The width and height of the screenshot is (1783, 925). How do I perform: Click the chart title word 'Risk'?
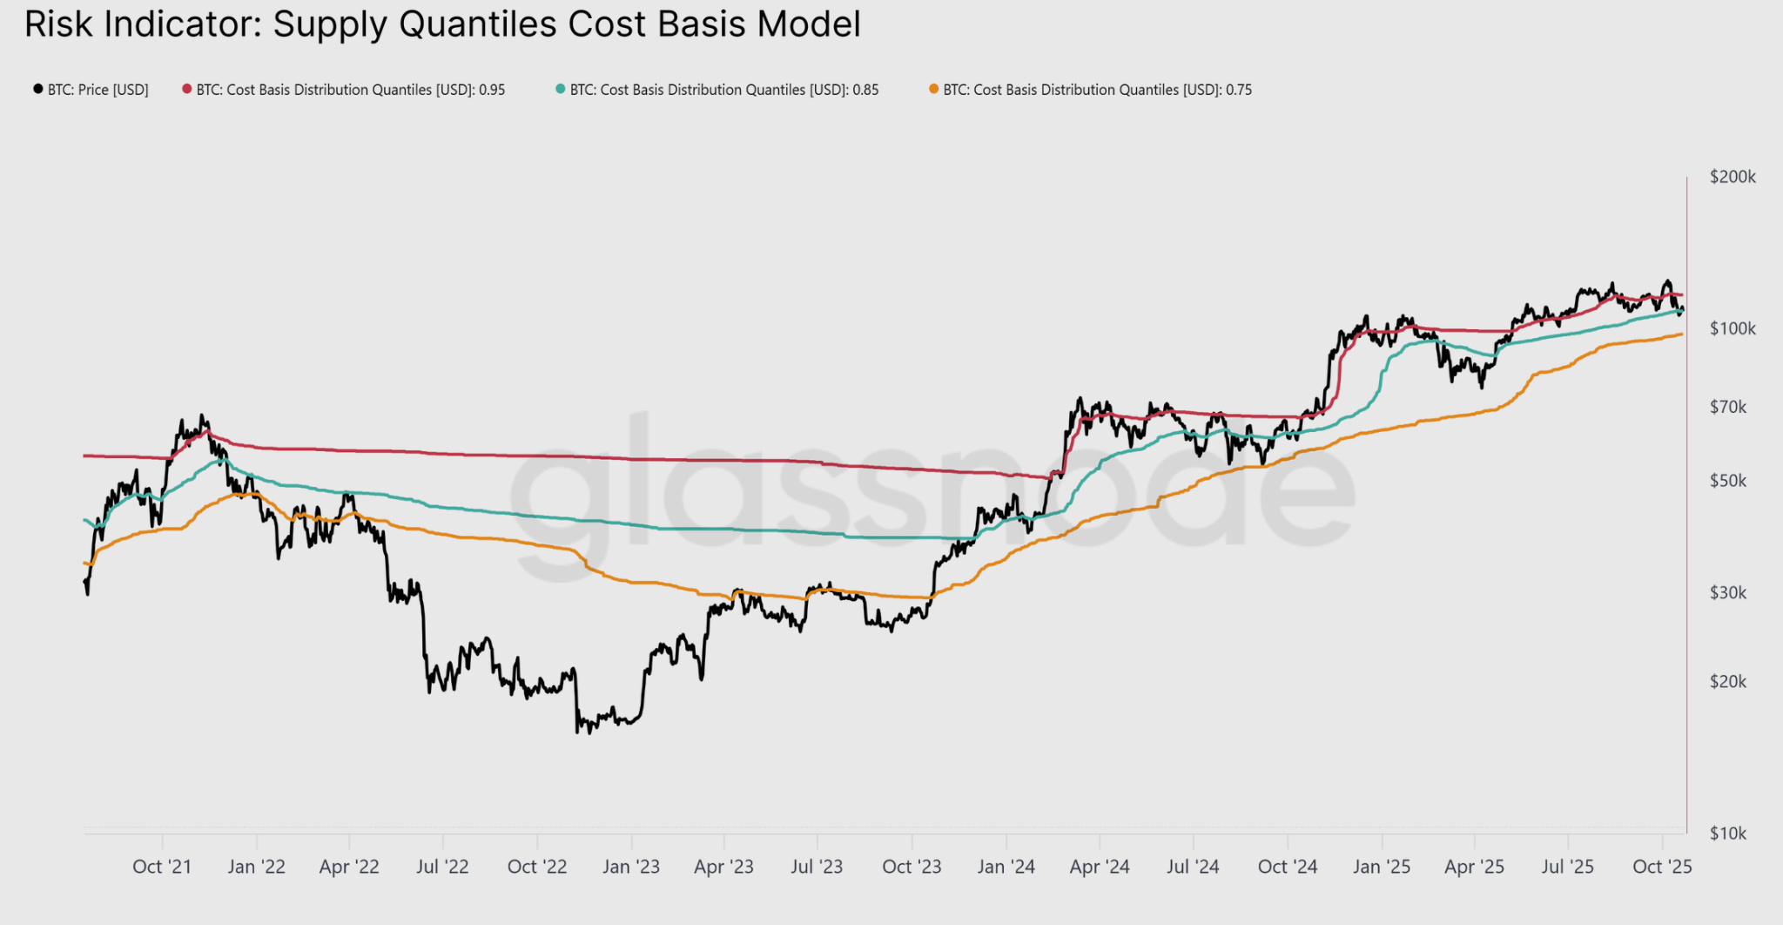59,24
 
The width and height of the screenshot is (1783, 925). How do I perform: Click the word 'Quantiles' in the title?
477,24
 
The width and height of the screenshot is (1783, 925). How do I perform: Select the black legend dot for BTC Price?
38,89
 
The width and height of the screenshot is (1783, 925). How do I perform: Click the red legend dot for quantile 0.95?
186,89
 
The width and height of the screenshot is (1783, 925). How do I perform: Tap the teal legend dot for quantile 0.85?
561,89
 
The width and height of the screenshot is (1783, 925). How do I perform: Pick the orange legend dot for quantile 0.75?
934,89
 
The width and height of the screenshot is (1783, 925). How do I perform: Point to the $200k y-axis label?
1733,177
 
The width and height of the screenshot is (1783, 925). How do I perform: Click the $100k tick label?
1733,328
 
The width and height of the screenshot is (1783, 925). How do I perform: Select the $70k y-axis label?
1728,407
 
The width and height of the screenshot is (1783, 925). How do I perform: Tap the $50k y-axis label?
1728,481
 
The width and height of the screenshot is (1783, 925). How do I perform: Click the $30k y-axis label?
1728,592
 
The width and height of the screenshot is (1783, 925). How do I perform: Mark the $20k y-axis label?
1728,681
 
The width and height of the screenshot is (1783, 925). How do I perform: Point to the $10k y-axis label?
1728,834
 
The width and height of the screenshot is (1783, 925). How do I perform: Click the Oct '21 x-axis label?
162,867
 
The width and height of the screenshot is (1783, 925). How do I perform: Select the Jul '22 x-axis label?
442,867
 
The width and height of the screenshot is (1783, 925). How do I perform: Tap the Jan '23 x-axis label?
631,867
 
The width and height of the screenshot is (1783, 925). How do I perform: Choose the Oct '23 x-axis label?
912,867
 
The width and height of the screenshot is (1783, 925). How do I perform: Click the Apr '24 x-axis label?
1100,867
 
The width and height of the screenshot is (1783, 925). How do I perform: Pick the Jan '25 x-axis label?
1382,867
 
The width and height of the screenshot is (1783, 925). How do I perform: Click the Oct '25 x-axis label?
1662,867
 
